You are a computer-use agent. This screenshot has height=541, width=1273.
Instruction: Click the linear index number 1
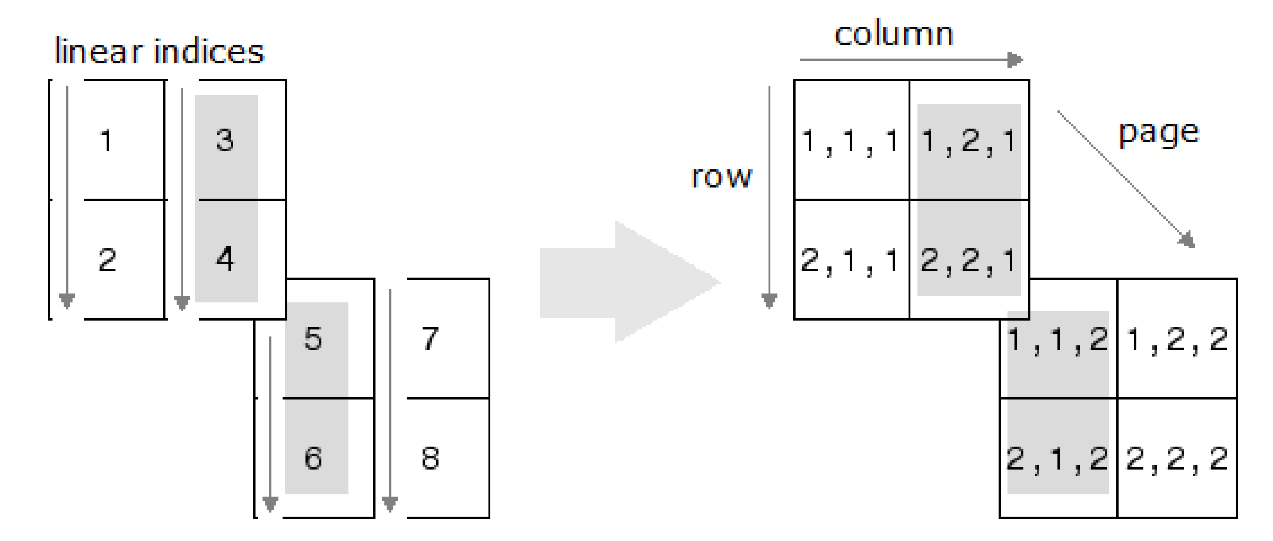106,141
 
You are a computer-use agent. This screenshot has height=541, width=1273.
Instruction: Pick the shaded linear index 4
225,258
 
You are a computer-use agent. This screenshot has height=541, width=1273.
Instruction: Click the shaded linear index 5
313,339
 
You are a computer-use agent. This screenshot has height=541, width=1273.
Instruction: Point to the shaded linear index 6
313,458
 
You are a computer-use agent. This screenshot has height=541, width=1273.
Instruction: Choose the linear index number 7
431,339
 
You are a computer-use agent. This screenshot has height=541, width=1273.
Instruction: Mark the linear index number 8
431,458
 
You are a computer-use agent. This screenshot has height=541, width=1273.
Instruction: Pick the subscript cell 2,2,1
968,261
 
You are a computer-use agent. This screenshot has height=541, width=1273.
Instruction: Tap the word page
1159,132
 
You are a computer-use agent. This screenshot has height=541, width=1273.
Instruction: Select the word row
721,176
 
